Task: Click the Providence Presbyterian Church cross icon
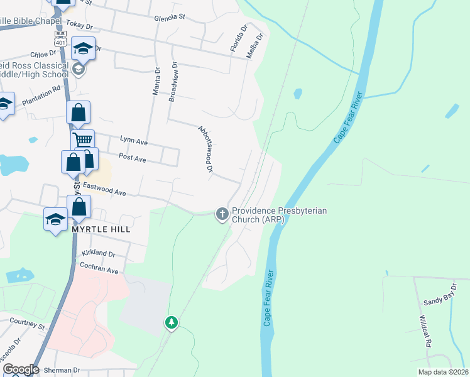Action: (x=222, y=215)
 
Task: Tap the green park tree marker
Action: (x=171, y=323)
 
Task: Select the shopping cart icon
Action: (x=82, y=139)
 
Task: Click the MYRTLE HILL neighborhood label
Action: (x=101, y=230)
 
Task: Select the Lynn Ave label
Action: (x=133, y=142)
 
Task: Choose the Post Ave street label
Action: (x=132, y=160)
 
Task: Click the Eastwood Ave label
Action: (x=103, y=190)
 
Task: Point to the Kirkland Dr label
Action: (x=98, y=254)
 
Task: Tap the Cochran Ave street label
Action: (x=99, y=270)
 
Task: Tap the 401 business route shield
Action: (x=61, y=39)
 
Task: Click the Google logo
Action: (x=21, y=369)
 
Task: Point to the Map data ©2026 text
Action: (x=443, y=372)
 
